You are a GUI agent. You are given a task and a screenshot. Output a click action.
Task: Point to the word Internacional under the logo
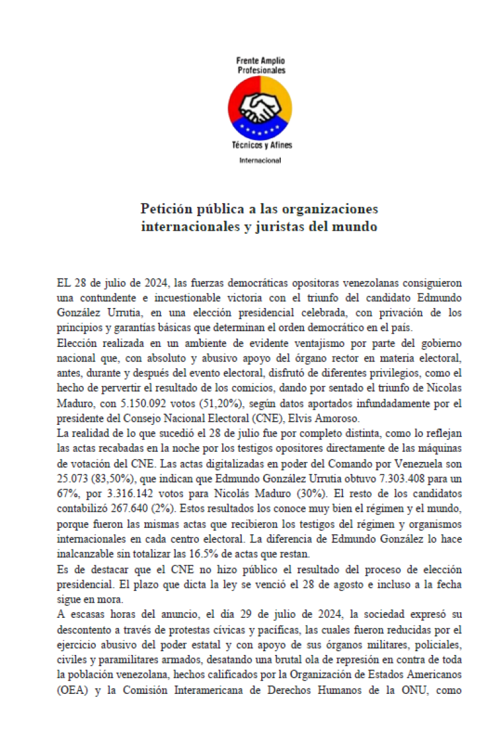[x=260, y=160]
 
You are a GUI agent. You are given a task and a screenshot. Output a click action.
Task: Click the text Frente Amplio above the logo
[x=261, y=62]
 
